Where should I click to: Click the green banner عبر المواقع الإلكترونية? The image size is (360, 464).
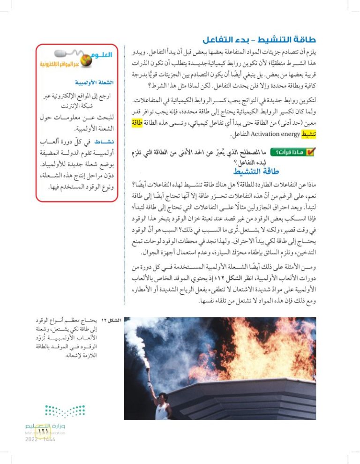[73, 63]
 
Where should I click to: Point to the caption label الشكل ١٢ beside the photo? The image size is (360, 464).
[110, 320]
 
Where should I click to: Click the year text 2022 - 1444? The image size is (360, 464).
[37, 439]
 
